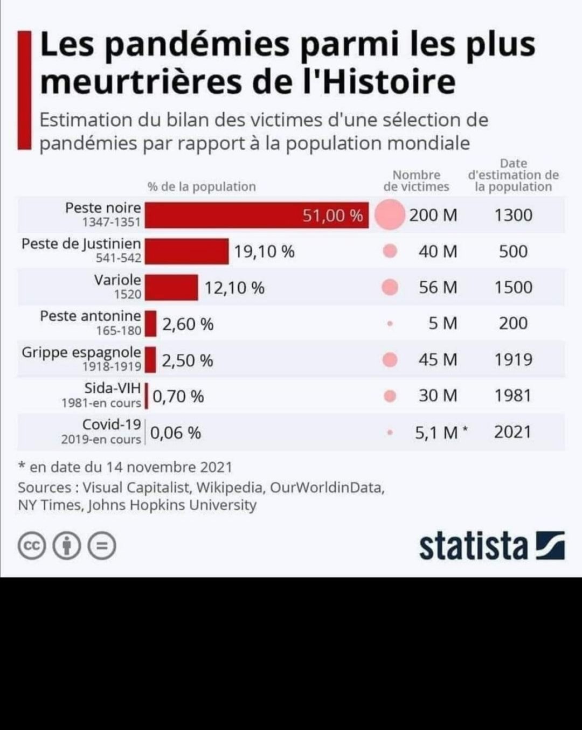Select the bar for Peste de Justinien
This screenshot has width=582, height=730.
click(187, 252)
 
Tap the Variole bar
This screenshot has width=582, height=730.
click(171, 288)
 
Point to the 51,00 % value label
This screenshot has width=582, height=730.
click(332, 215)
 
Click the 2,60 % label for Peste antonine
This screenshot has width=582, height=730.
click(188, 324)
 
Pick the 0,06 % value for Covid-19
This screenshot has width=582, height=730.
click(175, 433)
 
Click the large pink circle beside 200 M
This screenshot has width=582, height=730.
click(389, 215)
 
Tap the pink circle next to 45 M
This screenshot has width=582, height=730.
click(390, 360)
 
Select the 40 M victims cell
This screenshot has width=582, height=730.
click(438, 252)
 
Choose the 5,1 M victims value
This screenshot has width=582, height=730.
click(436, 432)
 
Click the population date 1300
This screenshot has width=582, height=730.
click(513, 215)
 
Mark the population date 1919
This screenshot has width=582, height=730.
click(513, 359)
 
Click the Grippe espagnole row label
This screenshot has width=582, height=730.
click(81, 353)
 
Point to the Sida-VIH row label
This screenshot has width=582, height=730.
click(112, 388)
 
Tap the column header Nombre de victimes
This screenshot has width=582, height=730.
click(416, 181)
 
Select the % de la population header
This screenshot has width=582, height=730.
click(202, 187)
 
